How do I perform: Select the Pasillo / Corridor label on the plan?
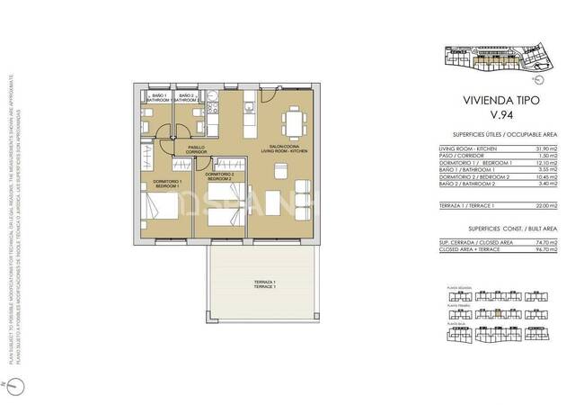tap(196, 149)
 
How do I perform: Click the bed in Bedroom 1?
tap(167, 216)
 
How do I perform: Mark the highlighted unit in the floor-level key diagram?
tap(497, 317)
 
